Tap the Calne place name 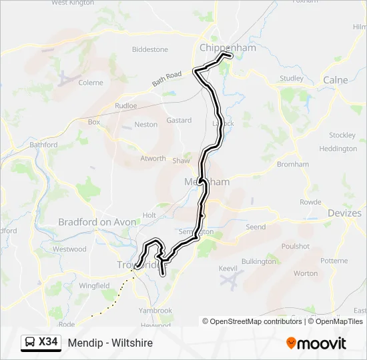pyautogui.click(x=335, y=80)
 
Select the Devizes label pyautogui.click(x=344, y=213)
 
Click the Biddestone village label pyautogui.click(x=150, y=49)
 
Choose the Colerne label pyautogui.click(x=91, y=83)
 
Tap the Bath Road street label pyautogui.click(x=167, y=79)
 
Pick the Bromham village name pyautogui.click(x=293, y=164)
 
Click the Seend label pyautogui.click(x=256, y=227)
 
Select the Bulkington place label pyautogui.click(x=259, y=262)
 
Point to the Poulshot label pyautogui.click(x=296, y=246)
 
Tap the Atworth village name pyautogui.click(x=153, y=159)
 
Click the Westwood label pyautogui.click(x=69, y=249)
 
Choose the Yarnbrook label pyautogui.click(x=155, y=310)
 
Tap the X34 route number pyautogui.click(x=48, y=343)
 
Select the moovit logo pyautogui.click(x=316, y=343)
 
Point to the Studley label pyautogui.click(x=292, y=78)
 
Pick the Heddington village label pyautogui.click(x=338, y=149)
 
